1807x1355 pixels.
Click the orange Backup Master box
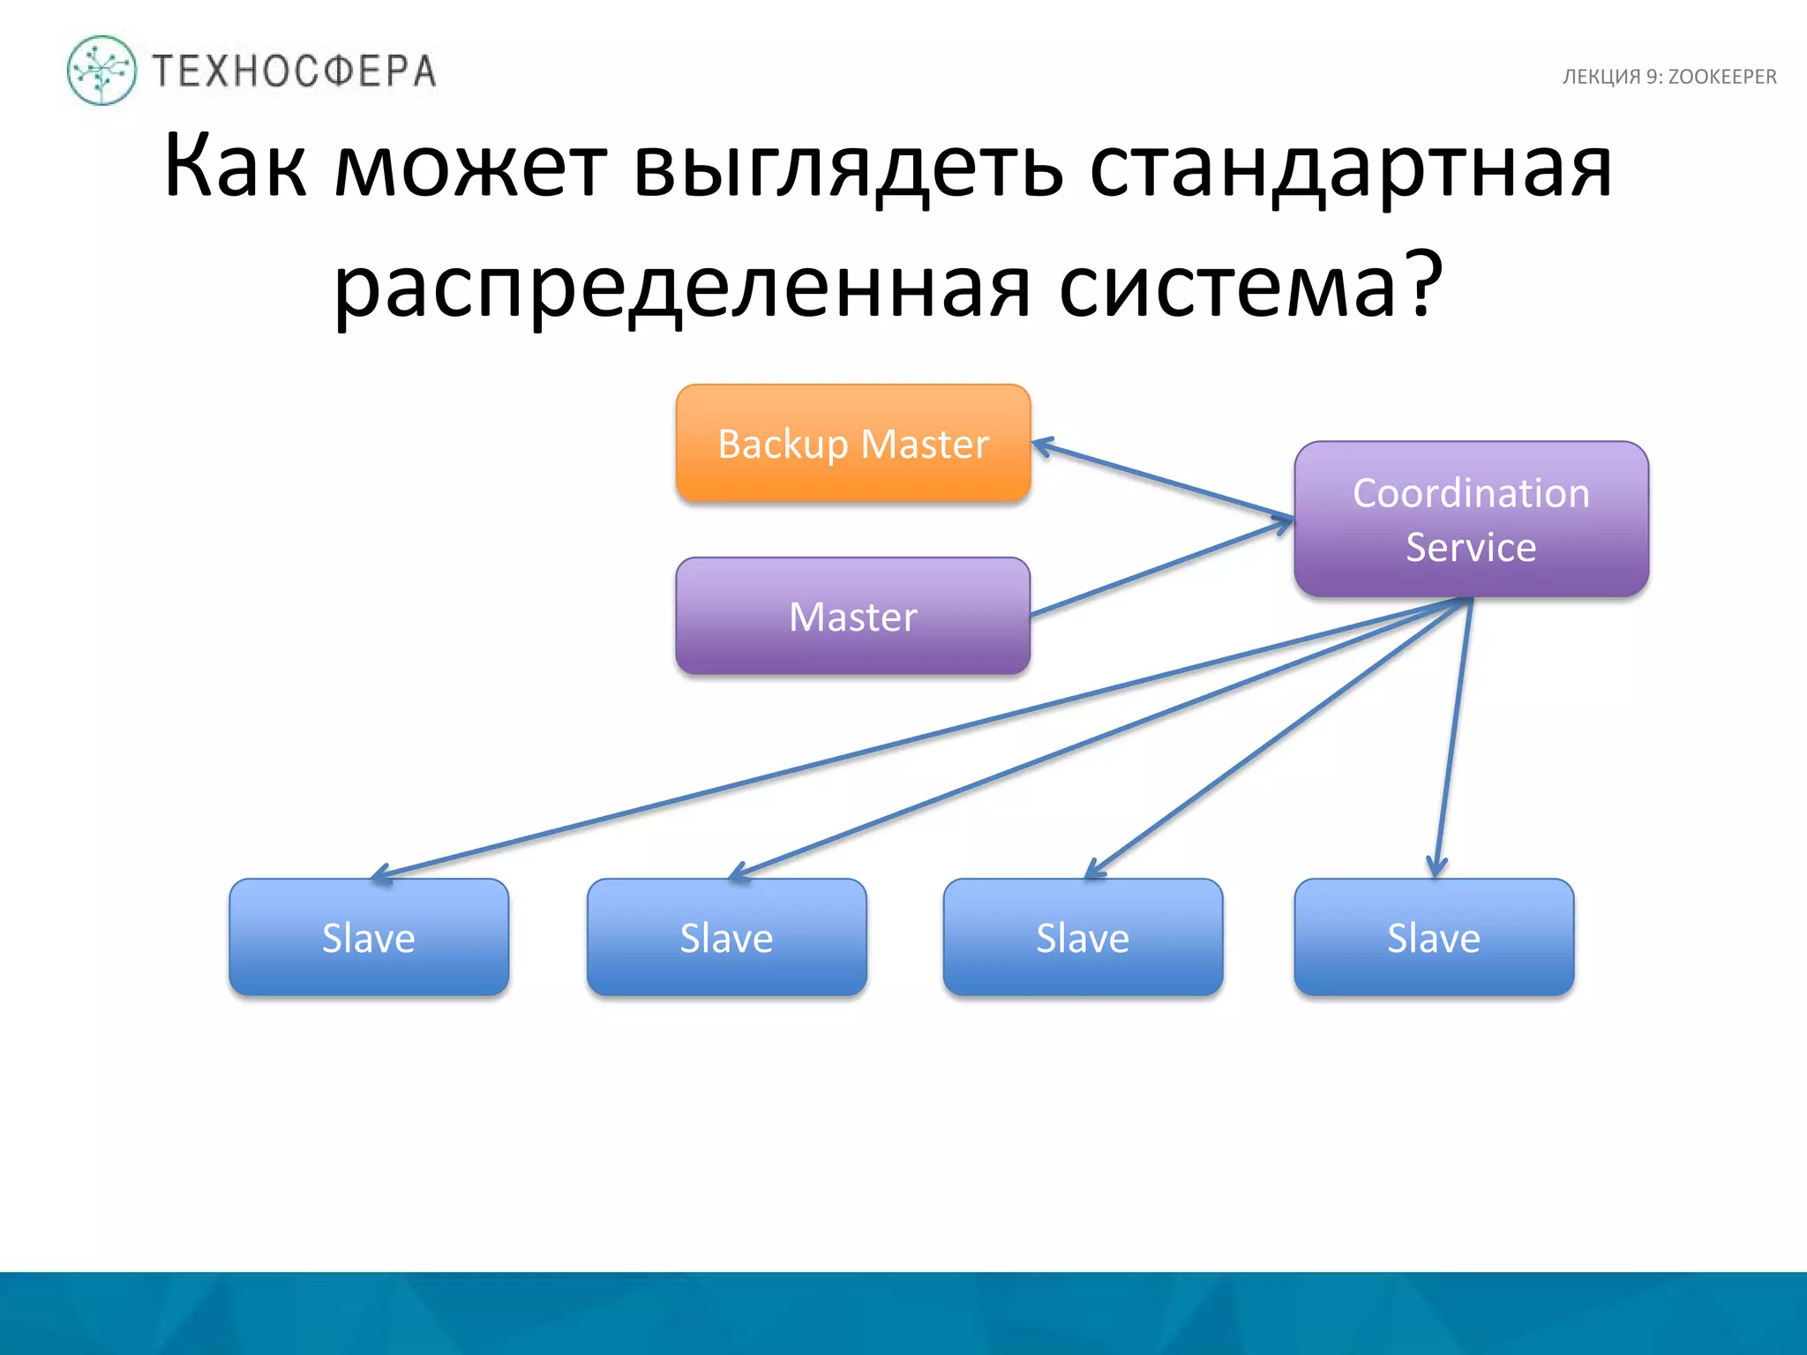click(x=852, y=443)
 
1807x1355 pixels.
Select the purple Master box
click(x=852, y=616)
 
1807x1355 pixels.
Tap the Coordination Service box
click(x=1471, y=519)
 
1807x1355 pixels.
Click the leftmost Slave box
click(x=369, y=937)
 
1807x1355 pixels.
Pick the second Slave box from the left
click(x=726, y=937)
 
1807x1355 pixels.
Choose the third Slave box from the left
click(x=1083, y=937)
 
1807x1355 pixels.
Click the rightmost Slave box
click(x=1434, y=937)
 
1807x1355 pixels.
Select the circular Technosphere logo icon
click(x=101, y=71)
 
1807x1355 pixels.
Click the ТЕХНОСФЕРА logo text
click(x=295, y=71)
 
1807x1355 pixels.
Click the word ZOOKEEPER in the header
click(x=1721, y=77)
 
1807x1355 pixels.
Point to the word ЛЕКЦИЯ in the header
click(x=1601, y=77)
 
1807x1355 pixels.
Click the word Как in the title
click(x=235, y=166)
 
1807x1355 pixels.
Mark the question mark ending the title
click(x=1423, y=282)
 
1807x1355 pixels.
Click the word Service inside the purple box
click(x=1471, y=547)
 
